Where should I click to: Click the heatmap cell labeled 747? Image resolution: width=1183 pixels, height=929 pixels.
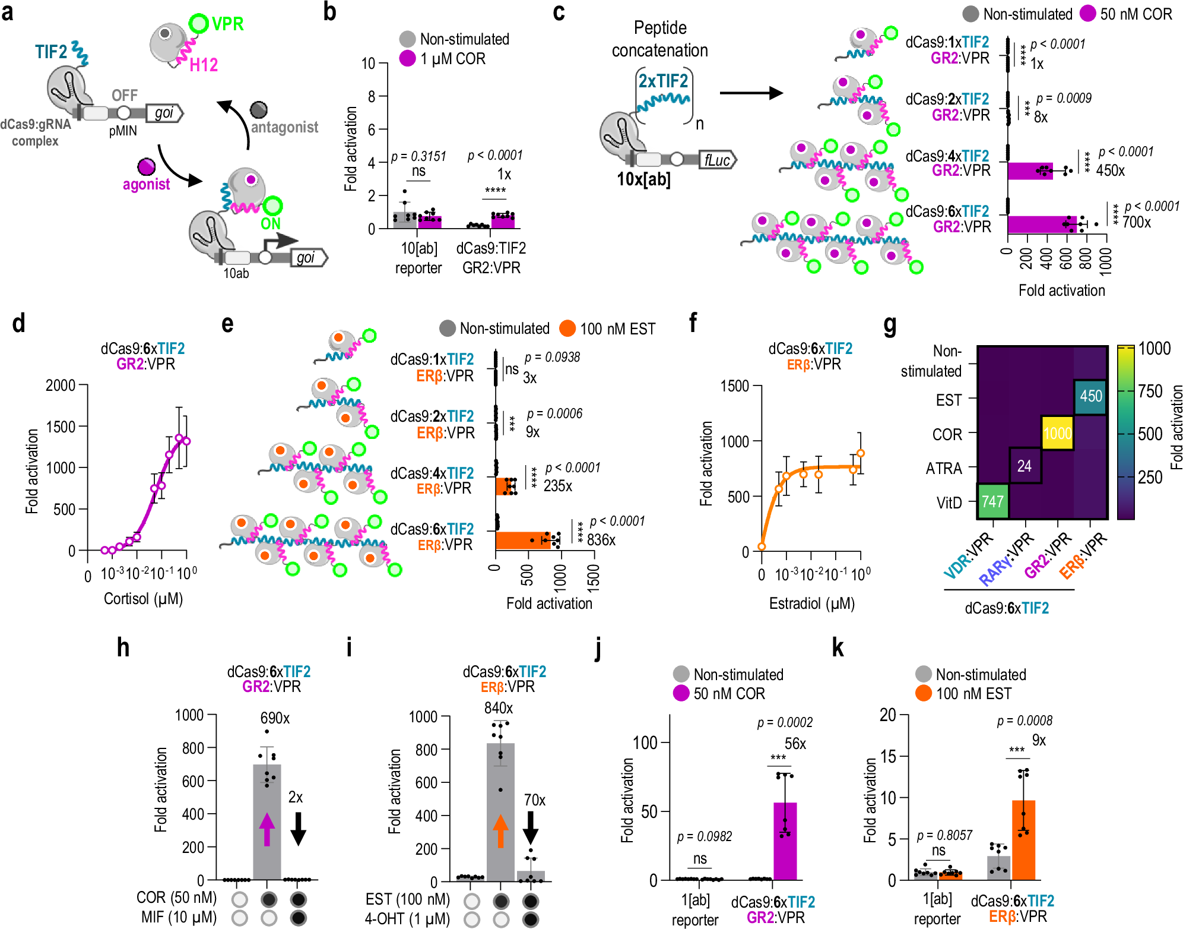[992, 501]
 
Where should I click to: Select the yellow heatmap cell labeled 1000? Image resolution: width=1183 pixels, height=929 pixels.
[1057, 433]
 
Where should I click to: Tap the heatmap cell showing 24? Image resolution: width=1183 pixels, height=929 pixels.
[1025, 466]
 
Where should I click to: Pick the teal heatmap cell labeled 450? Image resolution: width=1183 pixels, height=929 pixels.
[1090, 396]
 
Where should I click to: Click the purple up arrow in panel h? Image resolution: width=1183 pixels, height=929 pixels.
[267, 829]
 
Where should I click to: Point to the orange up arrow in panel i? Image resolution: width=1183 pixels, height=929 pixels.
[500, 830]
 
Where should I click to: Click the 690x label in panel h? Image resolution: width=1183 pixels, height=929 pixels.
[275, 718]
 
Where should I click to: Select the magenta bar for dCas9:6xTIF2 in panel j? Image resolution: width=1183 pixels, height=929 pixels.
[785, 840]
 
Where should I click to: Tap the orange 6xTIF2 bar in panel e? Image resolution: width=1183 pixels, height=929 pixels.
[522, 541]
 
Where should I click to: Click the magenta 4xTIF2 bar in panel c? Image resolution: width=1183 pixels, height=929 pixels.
[1030, 171]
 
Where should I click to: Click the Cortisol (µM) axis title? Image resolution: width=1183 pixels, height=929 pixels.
[143, 599]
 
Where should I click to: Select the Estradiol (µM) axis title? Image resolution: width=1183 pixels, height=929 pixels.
[811, 603]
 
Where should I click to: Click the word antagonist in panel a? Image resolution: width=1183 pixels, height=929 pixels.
[284, 127]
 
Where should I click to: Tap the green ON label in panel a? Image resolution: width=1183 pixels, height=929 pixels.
[270, 224]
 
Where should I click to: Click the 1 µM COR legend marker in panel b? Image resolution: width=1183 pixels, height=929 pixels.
[407, 58]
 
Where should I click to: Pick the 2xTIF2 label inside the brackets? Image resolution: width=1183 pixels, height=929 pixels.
[663, 81]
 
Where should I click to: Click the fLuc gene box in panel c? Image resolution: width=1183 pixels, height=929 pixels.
[717, 160]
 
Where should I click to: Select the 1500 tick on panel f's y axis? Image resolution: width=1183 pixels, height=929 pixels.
[734, 386]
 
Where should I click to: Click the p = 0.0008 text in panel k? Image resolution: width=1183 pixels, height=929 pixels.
[1024, 721]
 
